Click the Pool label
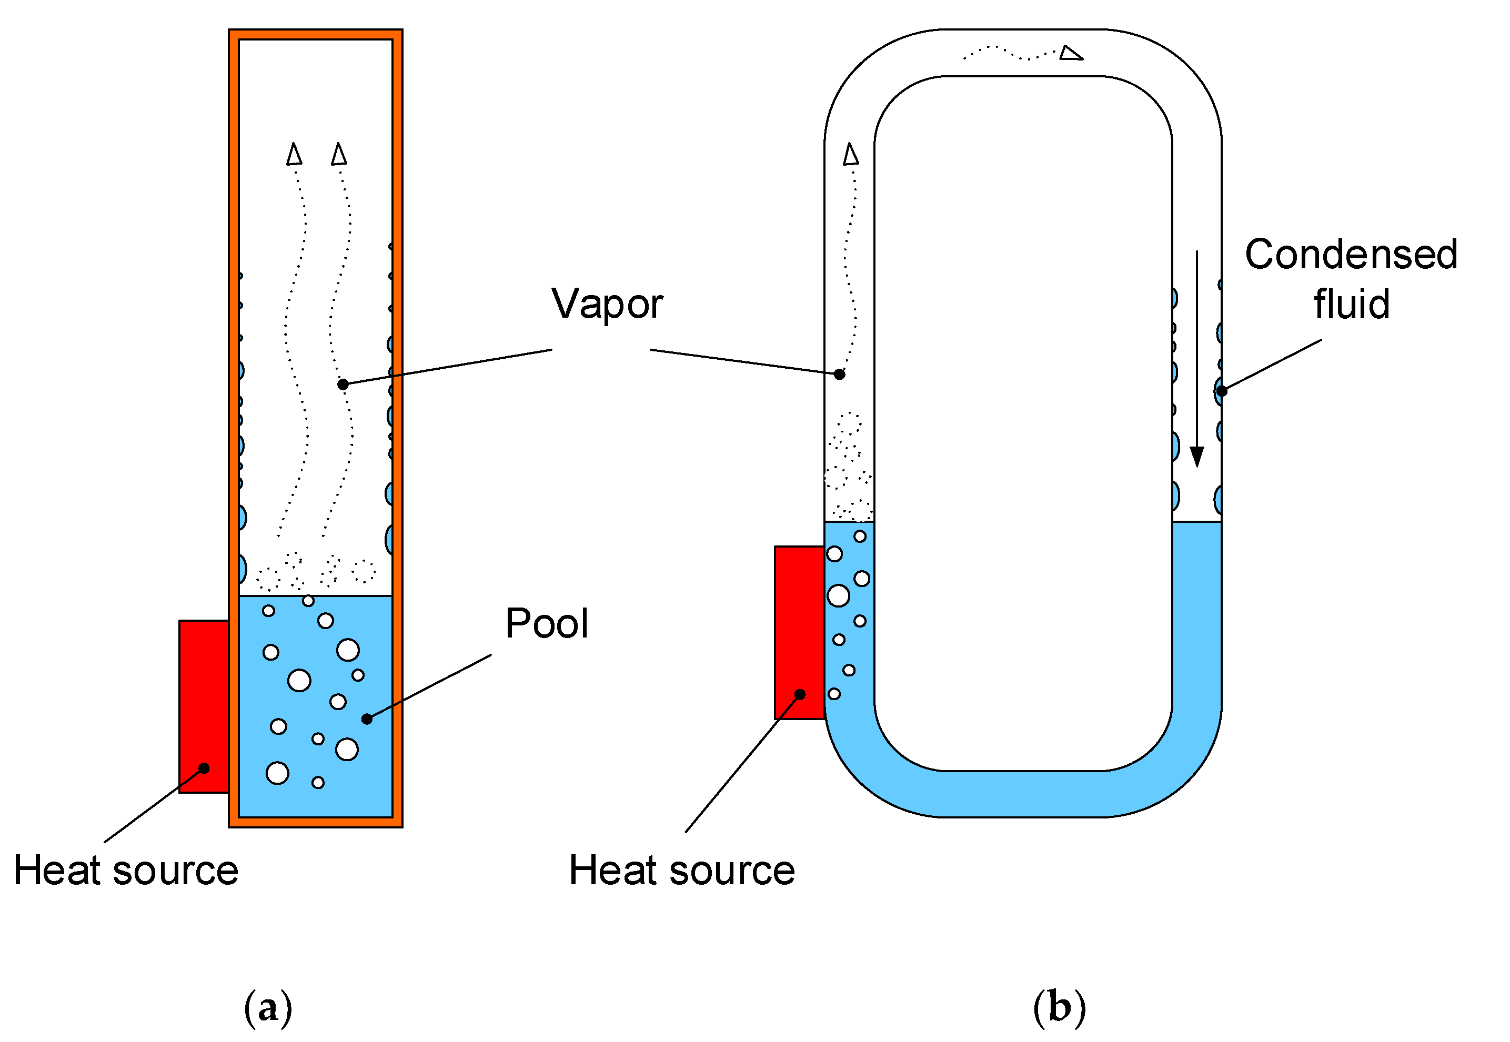(x=547, y=623)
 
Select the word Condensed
(x=1351, y=254)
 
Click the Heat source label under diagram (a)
(x=126, y=871)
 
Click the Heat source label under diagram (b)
(x=682, y=871)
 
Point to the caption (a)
(x=268, y=1008)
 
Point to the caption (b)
(x=1059, y=1008)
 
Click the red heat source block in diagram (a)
(x=204, y=706)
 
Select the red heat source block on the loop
(x=799, y=632)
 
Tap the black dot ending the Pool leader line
(x=367, y=719)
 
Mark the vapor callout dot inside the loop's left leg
(x=840, y=374)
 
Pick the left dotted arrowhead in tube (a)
(x=295, y=154)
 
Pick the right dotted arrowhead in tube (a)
(x=339, y=154)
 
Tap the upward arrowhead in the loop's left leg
(x=850, y=154)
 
